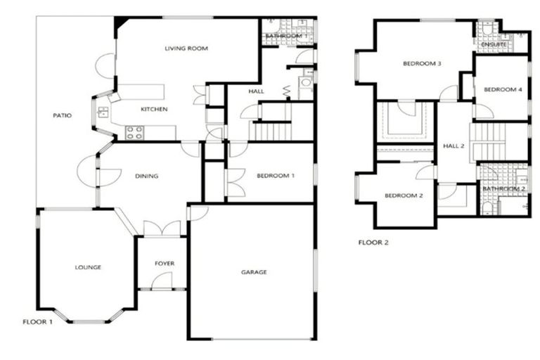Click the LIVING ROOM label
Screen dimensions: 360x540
click(x=187, y=49)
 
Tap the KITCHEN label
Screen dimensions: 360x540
click(x=154, y=110)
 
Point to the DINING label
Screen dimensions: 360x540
click(x=146, y=176)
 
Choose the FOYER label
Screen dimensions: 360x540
click(x=164, y=264)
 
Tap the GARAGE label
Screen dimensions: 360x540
click(x=254, y=272)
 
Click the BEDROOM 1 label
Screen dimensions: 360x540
click(x=275, y=176)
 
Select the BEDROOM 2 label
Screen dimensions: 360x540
click(x=403, y=195)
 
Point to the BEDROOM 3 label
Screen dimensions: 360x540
click(x=422, y=64)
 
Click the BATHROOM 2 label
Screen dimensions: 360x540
click(x=503, y=189)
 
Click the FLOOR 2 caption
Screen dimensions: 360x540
click(x=373, y=243)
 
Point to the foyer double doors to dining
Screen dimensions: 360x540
click(x=161, y=229)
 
